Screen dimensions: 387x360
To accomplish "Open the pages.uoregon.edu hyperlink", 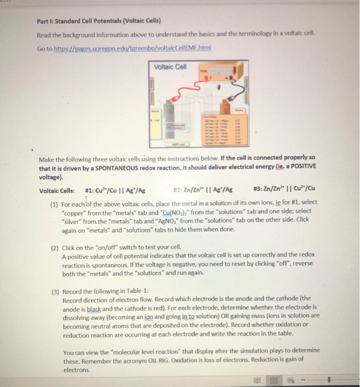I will (x=136, y=48).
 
